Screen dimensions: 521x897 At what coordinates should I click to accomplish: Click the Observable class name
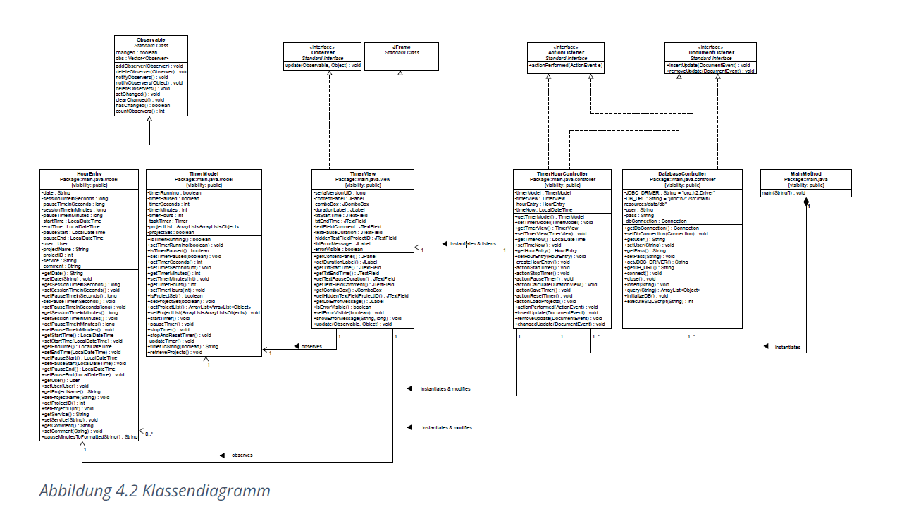click(x=151, y=39)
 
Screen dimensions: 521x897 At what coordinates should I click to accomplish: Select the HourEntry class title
click(x=88, y=173)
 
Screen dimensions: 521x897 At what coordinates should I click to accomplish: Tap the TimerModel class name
click(x=205, y=173)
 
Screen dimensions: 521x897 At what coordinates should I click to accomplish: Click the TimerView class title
click(x=363, y=173)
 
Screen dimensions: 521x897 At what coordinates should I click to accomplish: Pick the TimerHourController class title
click(x=562, y=173)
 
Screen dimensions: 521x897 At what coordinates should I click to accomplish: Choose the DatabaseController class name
click(x=682, y=173)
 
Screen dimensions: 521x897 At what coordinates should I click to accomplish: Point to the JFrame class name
click(x=400, y=47)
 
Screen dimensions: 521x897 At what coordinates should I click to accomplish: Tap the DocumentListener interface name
click(x=710, y=52)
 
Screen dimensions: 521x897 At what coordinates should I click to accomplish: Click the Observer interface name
click(x=323, y=52)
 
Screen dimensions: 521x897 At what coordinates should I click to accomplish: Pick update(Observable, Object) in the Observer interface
click(x=323, y=66)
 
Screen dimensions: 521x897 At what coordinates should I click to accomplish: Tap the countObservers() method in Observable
click(x=140, y=111)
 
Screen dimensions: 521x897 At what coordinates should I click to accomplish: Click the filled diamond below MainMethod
click(x=807, y=202)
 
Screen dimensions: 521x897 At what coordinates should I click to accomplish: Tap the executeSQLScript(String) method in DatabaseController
click(x=659, y=301)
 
